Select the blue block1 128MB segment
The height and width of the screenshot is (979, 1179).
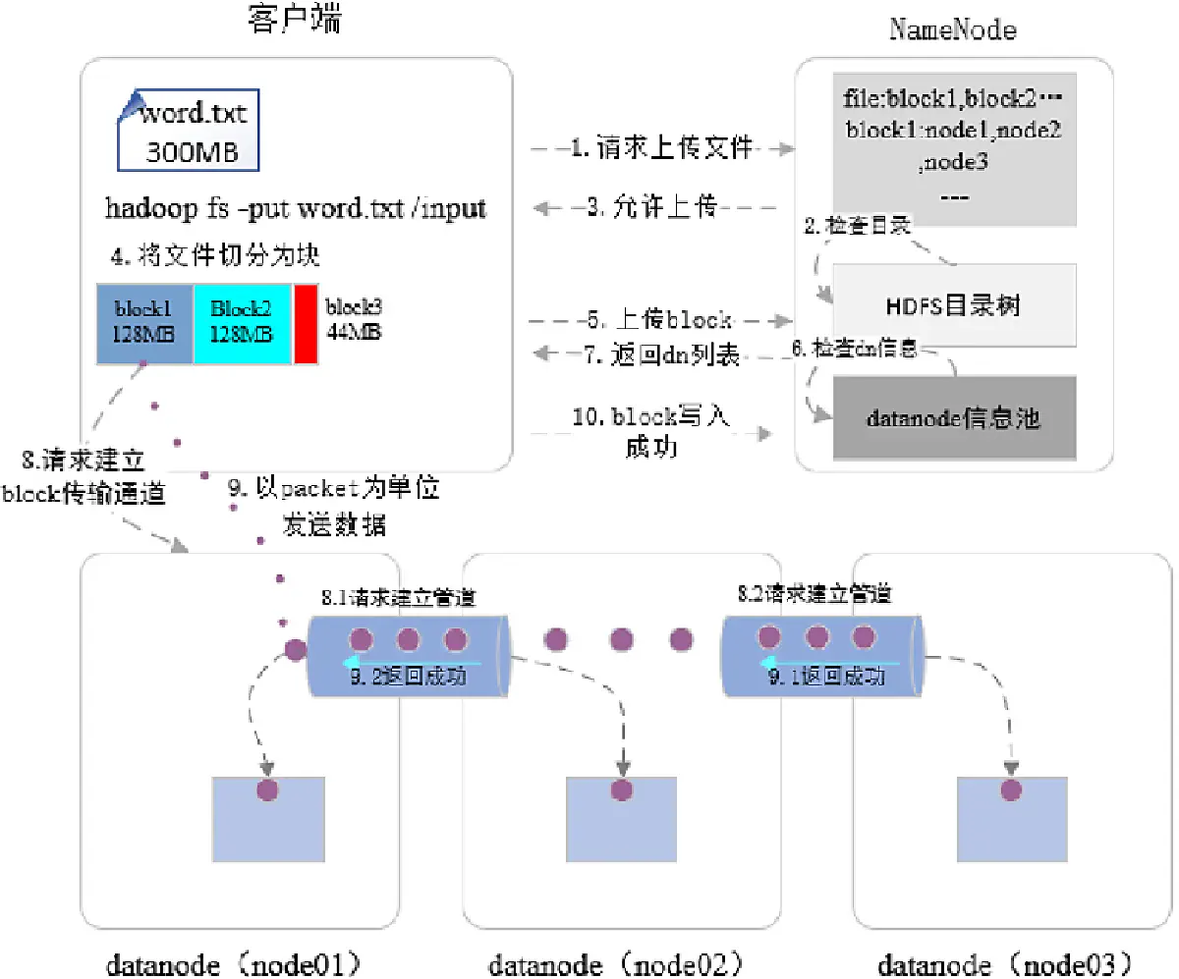point(144,323)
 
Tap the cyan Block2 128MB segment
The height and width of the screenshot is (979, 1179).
point(241,323)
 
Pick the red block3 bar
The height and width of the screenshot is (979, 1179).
point(306,323)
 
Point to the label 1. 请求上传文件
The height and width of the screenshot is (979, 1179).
point(662,148)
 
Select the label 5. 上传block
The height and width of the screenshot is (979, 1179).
point(658,320)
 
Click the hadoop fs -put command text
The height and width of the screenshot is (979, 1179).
point(296,209)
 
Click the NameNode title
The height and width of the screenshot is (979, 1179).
point(952,29)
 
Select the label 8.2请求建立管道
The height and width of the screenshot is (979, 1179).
point(814,593)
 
